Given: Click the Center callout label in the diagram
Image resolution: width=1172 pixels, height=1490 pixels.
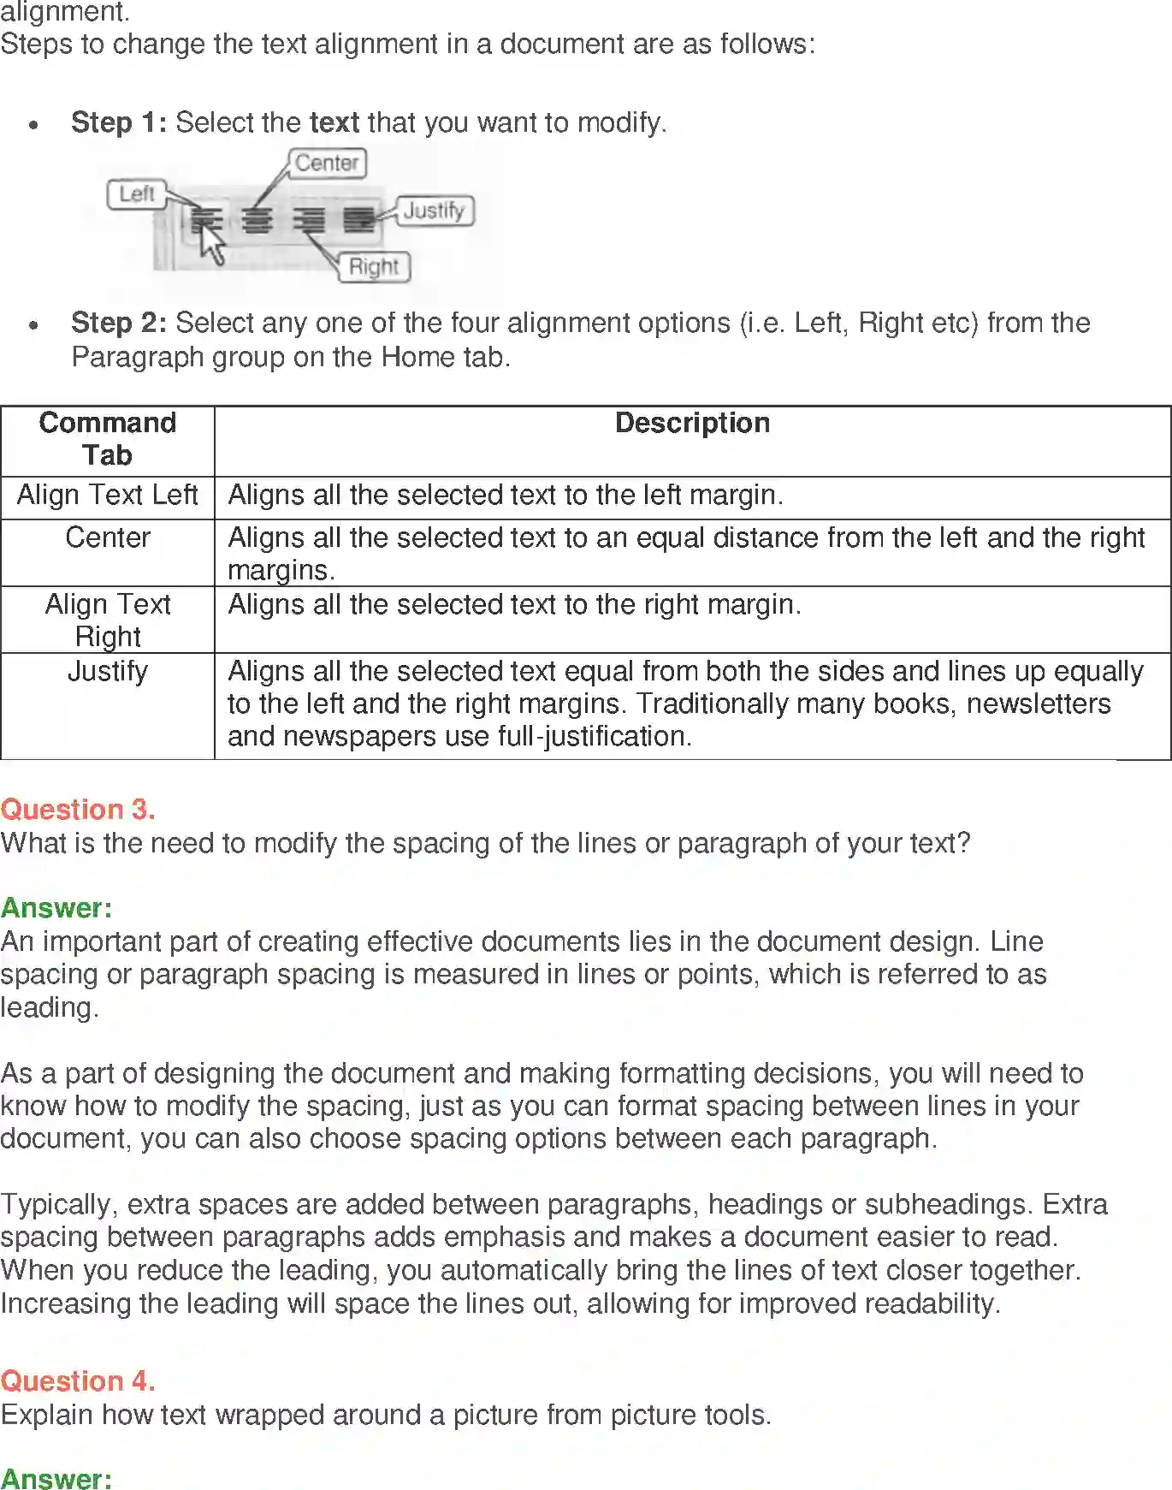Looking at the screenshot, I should pos(327,163).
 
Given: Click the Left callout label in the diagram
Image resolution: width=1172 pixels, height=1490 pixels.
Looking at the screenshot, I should pos(136,194).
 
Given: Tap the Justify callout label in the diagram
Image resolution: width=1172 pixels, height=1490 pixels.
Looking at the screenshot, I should pos(435,211).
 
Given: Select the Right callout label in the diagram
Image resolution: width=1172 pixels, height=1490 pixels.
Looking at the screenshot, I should pos(374,267).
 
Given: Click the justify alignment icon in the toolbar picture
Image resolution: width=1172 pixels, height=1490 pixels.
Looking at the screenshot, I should pos(359,221).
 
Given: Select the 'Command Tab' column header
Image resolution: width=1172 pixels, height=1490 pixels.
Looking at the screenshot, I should pos(108,438).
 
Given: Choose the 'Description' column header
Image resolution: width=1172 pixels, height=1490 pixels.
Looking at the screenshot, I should pos(692,423).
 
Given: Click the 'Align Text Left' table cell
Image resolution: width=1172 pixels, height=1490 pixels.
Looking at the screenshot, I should pos(108,495).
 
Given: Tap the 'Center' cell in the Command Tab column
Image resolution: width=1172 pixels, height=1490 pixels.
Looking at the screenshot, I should pos(108,537).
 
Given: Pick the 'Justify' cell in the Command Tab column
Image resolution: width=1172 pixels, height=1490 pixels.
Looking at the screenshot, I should pos(108,671).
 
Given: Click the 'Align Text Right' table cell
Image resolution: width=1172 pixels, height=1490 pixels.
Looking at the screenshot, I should pos(108,620).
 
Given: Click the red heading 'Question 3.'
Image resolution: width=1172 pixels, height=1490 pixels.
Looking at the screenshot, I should pos(78,810).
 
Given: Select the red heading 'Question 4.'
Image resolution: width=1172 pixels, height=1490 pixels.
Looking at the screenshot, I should pos(78,1381).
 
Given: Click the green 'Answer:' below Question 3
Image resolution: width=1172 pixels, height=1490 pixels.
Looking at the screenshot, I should pos(56,908).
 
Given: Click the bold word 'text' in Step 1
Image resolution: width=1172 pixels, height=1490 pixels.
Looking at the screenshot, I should pos(334,122).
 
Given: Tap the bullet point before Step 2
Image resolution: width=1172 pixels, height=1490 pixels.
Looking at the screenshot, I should pos(33,325).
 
